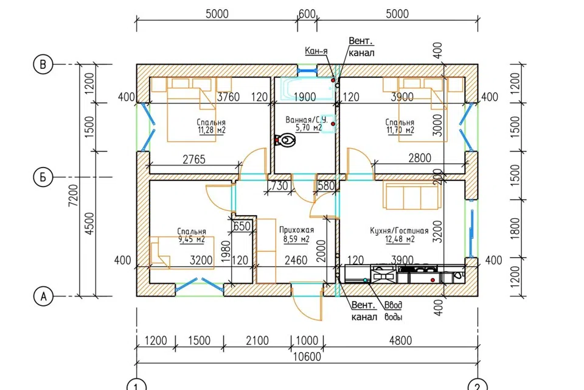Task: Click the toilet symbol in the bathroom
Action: click(x=286, y=141)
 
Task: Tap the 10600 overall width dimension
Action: click(x=307, y=356)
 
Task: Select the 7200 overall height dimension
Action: click(x=74, y=196)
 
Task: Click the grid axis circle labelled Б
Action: click(x=43, y=177)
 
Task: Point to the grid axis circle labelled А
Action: click(x=43, y=297)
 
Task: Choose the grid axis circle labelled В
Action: click(x=43, y=65)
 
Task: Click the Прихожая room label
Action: click(x=296, y=230)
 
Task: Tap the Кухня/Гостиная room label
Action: click(x=399, y=230)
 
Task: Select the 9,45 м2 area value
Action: click(x=192, y=239)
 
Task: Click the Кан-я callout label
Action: click(x=316, y=51)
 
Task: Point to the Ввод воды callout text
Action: click(x=394, y=311)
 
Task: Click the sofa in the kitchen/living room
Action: click(x=412, y=196)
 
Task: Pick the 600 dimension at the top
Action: click(x=307, y=14)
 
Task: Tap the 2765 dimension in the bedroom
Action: click(x=194, y=160)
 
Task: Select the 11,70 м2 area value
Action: click(x=400, y=130)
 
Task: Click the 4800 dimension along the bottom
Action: click(x=400, y=341)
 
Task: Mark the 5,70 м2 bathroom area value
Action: click(x=309, y=128)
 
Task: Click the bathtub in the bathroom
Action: click(x=306, y=89)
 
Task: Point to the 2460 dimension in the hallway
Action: click(x=296, y=260)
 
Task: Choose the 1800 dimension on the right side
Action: click(x=515, y=229)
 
